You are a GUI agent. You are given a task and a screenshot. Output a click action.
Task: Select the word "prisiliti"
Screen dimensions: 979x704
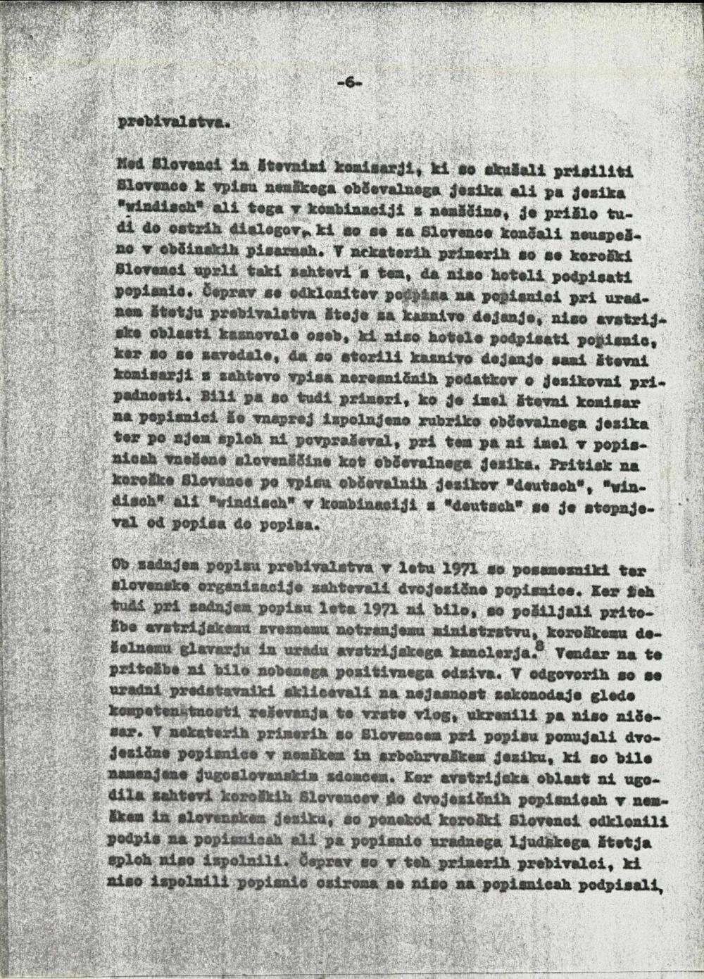[596, 170]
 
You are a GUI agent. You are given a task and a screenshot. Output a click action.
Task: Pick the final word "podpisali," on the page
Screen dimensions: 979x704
[620, 880]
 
